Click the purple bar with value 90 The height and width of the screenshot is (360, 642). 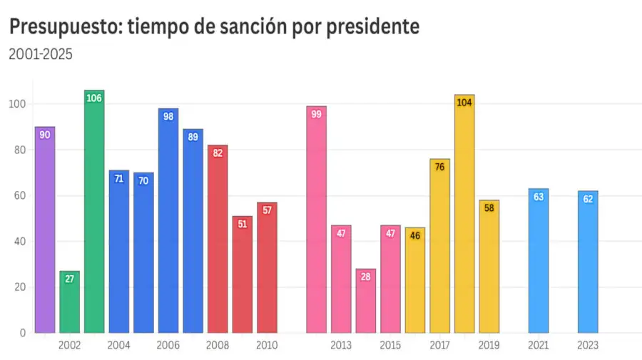pos(44,230)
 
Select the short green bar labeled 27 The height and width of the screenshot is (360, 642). pos(69,302)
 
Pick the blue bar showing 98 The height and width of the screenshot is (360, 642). pos(168,220)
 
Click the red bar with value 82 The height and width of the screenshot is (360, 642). pos(218,239)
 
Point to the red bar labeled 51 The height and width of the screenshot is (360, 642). pos(243,274)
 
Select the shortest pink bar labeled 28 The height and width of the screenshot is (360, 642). pos(366,301)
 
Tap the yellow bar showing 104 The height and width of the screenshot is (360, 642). pos(464,214)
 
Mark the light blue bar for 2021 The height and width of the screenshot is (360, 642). pos(539,261)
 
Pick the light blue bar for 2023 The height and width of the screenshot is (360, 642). pos(588,262)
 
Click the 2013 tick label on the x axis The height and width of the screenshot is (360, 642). pos(341,346)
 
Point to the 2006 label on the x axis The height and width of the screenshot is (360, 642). pos(168,346)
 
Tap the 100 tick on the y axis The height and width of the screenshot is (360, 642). pos(18,104)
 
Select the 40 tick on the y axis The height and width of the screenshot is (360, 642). pos(20,242)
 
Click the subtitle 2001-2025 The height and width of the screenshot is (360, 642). pos(40,54)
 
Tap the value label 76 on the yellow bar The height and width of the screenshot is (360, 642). pos(439,167)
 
